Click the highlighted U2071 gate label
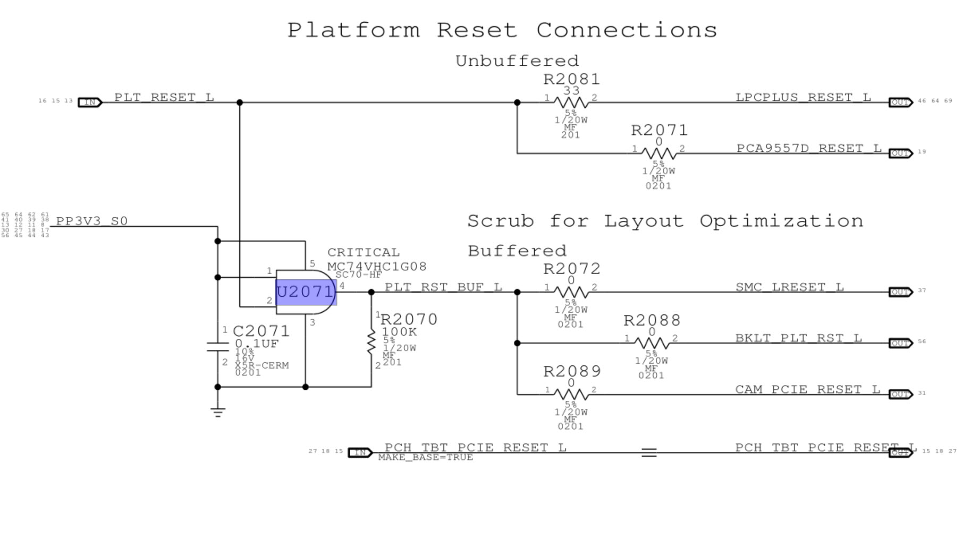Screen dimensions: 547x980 pyautogui.click(x=306, y=292)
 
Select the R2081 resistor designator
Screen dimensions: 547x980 pyautogui.click(x=571, y=80)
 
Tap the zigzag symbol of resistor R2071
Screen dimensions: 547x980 pyautogui.click(x=658, y=153)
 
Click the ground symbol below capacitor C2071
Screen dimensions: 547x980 pyautogui.click(x=217, y=412)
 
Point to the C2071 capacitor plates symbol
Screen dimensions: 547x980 pyautogui.click(x=217, y=347)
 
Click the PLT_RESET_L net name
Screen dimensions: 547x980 pyautogui.click(x=164, y=97)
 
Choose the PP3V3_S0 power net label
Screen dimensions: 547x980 pyautogui.click(x=92, y=221)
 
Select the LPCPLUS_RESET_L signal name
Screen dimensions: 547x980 pyautogui.click(x=803, y=97)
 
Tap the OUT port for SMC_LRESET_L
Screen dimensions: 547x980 pyautogui.click(x=900, y=292)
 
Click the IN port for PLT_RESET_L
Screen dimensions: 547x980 pyautogui.click(x=90, y=102)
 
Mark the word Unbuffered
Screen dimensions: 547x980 pyautogui.click(x=517, y=61)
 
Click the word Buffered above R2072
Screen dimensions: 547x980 pyautogui.click(x=517, y=251)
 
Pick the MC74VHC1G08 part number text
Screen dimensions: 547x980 pyautogui.click(x=377, y=266)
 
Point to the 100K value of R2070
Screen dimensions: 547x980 pyautogui.click(x=400, y=332)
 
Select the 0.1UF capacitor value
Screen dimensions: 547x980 pyautogui.click(x=257, y=344)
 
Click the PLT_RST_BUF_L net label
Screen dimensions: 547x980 pyautogui.click(x=443, y=287)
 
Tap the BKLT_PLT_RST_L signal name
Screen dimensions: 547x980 pyautogui.click(x=798, y=338)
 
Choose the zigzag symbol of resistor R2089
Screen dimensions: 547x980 pyautogui.click(x=571, y=394)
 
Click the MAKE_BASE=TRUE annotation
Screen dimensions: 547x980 pyautogui.click(x=425, y=457)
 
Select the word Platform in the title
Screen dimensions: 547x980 pyautogui.click(x=353, y=30)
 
